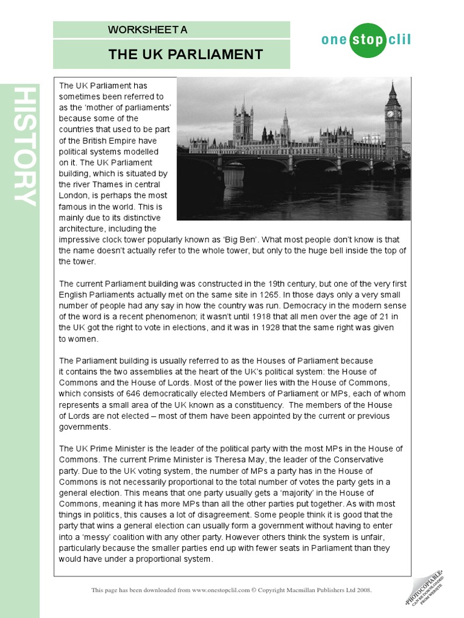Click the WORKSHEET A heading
[x=148, y=30]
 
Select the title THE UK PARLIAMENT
[x=185, y=55]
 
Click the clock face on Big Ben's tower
[x=390, y=113]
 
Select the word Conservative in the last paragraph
[x=359, y=459]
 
